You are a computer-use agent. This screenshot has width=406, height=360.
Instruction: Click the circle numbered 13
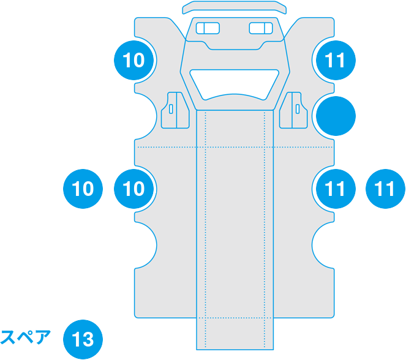click(x=83, y=339)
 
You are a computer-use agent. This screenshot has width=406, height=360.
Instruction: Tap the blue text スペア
click(x=25, y=337)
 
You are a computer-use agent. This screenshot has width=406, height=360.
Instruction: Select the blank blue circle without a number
click(x=336, y=116)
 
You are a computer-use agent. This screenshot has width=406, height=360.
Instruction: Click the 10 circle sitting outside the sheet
click(x=83, y=189)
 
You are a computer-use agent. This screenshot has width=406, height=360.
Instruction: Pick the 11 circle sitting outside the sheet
click(x=385, y=189)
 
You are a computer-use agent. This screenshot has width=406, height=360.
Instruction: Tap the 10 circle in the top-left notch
click(x=133, y=60)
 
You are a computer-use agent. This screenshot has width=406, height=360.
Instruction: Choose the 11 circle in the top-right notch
click(x=336, y=60)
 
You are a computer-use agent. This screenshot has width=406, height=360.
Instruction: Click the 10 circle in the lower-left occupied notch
click(x=133, y=189)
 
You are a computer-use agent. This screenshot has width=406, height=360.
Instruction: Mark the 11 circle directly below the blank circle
click(x=336, y=189)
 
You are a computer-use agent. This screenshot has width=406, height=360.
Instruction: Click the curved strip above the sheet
click(x=235, y=7)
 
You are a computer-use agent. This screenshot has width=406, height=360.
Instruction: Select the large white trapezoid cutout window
click(x=235, y=84)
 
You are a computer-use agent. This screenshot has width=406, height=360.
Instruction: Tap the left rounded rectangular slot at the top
click(x=208, y=28)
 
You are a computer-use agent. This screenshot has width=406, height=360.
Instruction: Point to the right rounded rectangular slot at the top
click(x=261, y=28)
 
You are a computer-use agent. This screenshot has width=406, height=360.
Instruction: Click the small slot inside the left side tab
click(x=171, y=109)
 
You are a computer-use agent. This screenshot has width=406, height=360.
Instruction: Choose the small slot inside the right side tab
click(x=298, y=109)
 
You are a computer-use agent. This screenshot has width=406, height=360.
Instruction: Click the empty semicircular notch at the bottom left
click(x=146, y=245)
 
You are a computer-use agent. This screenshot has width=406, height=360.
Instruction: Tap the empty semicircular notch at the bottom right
click(x=323, y=245)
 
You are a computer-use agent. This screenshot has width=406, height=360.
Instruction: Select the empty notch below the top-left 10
click(x=146, y=116)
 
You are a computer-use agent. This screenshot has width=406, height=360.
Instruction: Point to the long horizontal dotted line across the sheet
click(x=235, y=147)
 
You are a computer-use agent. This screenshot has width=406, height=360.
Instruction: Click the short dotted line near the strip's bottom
click(x=235, y=318)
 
